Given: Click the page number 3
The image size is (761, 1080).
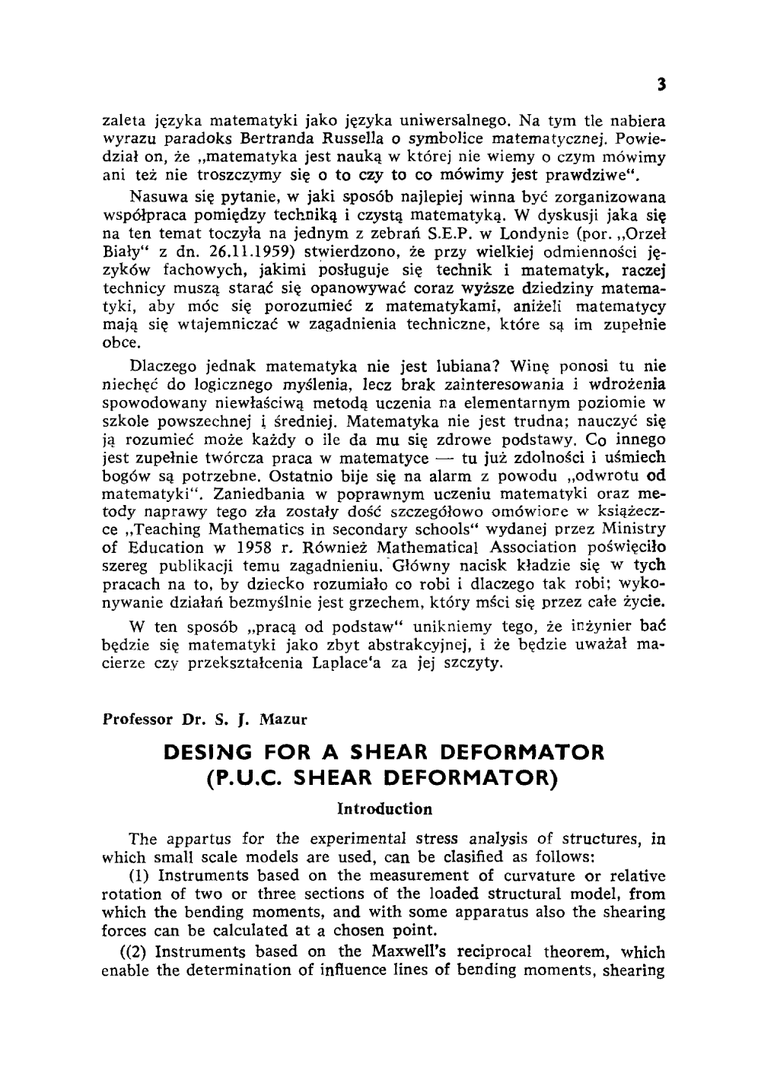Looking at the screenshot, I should pos(663,85).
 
